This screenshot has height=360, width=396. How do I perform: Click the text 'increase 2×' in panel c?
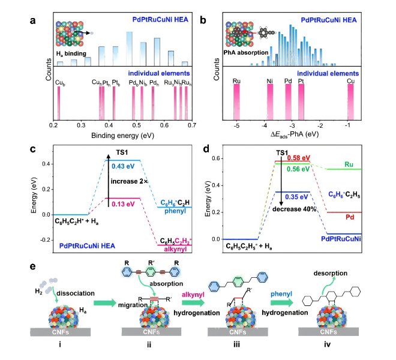coord(127,180)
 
